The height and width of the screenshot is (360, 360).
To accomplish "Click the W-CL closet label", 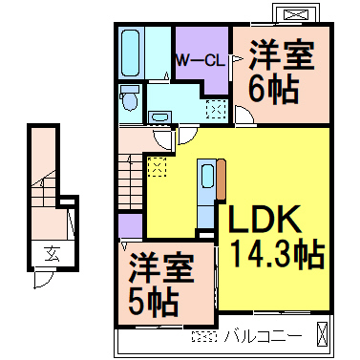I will click(200, 59).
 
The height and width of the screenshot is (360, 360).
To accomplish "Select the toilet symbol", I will click(132, 100).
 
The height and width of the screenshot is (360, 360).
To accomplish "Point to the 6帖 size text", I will click(274, 90).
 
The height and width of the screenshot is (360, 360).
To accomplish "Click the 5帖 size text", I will click(154, 299).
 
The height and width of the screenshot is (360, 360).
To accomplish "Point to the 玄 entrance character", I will click(50, 253).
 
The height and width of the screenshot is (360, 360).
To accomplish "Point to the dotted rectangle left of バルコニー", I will click(201, 335).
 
